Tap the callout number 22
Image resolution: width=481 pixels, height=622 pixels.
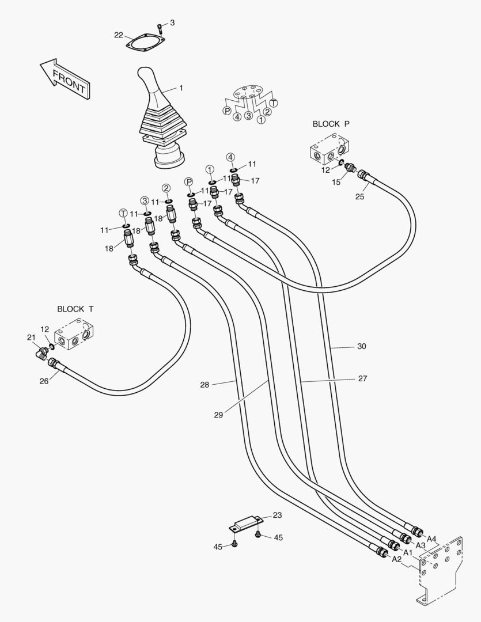coord(118,35)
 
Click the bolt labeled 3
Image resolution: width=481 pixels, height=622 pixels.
coord(160,26)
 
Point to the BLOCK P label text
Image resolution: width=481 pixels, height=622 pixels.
coord(331,124)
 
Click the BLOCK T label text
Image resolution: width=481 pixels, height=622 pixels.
coord(75,309)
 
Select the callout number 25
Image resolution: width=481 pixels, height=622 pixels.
coord(359,197)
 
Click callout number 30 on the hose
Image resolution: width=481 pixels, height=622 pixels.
coord(361,346)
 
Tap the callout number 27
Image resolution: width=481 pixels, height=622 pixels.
coord(362,378)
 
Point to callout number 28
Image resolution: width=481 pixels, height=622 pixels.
coord(204,384)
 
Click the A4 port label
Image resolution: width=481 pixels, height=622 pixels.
coord(431,539)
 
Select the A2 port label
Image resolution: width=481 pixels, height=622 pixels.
coord(396,559)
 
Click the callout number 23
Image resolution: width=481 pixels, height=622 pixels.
coord(277,515)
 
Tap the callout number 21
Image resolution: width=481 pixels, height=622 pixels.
coord(31,337)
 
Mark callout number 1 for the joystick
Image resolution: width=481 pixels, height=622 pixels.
coord(181,88)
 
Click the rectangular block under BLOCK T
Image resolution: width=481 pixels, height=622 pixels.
coord(75,333)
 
